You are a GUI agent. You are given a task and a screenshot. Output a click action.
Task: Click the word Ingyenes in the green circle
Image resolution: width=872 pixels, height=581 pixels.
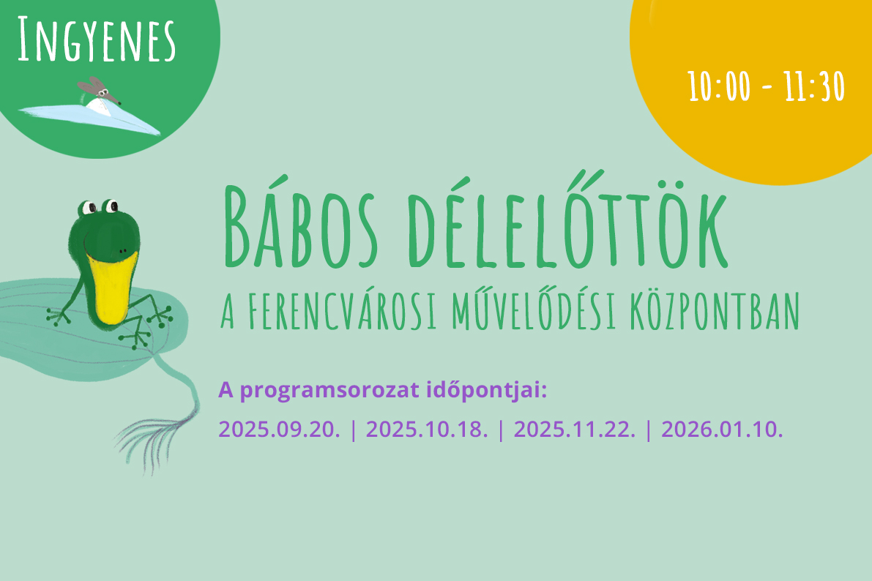(96, 40)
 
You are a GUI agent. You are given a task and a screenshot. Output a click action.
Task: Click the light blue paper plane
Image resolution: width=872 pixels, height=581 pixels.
(90, 117)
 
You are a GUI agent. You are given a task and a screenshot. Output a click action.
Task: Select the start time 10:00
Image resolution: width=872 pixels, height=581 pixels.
(720, 87)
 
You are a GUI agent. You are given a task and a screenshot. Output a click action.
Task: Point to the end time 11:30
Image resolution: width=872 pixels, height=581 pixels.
(814, 87)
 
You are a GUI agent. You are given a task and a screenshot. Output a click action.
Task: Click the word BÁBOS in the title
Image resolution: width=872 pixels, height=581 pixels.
(301, 226)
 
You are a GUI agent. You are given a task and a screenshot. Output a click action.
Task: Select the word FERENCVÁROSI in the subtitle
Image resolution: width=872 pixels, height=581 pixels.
(341, 310)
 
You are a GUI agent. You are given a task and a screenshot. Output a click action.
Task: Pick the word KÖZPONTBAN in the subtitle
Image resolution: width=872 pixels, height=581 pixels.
(715, 310)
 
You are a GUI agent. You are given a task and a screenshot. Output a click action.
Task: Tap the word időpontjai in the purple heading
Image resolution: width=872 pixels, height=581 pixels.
(487, 390)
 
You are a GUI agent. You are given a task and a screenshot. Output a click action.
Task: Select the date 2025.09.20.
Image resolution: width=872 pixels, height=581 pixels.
(279, 430)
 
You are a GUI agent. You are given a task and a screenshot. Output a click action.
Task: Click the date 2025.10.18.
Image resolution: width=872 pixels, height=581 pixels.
(427, 430)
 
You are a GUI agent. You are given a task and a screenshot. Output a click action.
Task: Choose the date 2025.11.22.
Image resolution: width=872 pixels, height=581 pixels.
(575, 430)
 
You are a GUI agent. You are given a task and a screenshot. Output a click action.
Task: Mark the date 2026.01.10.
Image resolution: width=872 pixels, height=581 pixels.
(722, 430)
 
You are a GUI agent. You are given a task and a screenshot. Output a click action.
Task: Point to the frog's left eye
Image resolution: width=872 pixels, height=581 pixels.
(89, 208)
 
